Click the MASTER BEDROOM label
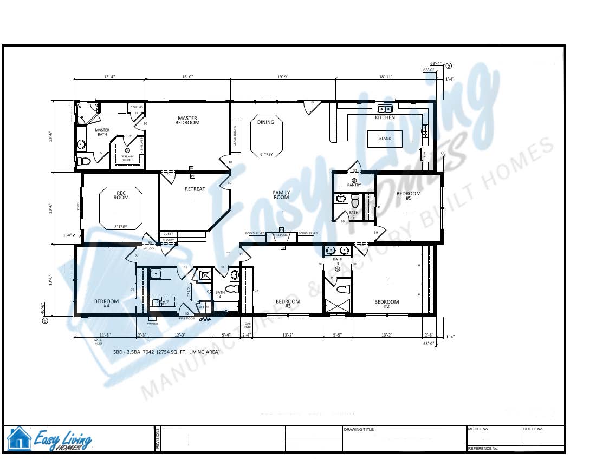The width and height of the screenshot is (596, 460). pyautogui.click(x=187, y=121)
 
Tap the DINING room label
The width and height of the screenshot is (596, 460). pyautogui.click(x=265, y=122)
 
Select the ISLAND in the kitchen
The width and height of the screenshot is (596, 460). pyautogui.click(x=385, y=139)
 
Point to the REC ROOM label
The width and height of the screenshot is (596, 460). pyautogui.click(x=121, y=195)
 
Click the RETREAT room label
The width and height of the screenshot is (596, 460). pyautogui.click(x=195, y=189)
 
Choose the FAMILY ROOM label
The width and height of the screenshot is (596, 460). pyautogui.click(x=281, y=195)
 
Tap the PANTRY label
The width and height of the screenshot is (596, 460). pyautogui.click(x=354, y=185)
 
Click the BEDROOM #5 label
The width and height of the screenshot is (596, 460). pyautogui.click(x=408, y=196)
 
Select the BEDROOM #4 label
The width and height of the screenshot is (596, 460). pyautogui.click(x=106, y=304)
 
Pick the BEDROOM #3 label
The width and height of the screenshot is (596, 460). pyautogui.click(x=288, y=304)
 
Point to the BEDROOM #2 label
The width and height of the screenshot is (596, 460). pyautogui.click(x=387, y=304)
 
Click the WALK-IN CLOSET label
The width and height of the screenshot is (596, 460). pyautogui.click(x=127, y=159)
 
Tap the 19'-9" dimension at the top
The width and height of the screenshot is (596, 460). pyautogui.click(x=282, y=77)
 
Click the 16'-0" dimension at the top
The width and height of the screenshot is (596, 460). pyautogui.click(x=187, y=77)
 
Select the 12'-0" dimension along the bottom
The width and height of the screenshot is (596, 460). pyautogui.click(x=180, y=336)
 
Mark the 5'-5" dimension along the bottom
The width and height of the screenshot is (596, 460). pyautogui.click(x=336, y=336)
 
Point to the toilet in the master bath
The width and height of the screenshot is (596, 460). pyautogui.click(x=83, y=161)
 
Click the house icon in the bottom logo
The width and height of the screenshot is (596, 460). pyautogui.click(x=19, y=438)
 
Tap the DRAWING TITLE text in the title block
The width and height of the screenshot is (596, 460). pyautogui.click(x=359, y=430)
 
